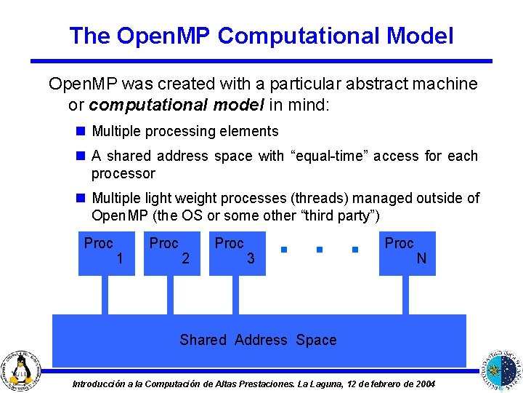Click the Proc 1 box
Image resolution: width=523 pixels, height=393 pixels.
tap(107, 253)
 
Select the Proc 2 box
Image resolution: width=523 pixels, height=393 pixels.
tap(172, 253)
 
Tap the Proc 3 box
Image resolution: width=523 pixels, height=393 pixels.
tap(238, 253)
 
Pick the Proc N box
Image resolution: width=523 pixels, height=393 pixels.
tap(408, 253)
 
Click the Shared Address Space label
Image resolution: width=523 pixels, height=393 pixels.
tap(258, 340)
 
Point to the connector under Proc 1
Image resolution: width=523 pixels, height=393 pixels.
tap(105, 295)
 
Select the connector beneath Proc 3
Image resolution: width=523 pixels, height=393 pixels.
tap(236, 295)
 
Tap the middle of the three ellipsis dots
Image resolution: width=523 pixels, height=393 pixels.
tap(320, 250)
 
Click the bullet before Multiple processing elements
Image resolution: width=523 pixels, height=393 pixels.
tap(80, 132)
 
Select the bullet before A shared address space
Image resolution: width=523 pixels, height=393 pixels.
tap(80, 156)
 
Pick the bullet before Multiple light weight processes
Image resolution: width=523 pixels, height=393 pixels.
tap(80, 198)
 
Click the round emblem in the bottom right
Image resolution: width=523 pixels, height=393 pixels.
tap(502, 368)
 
